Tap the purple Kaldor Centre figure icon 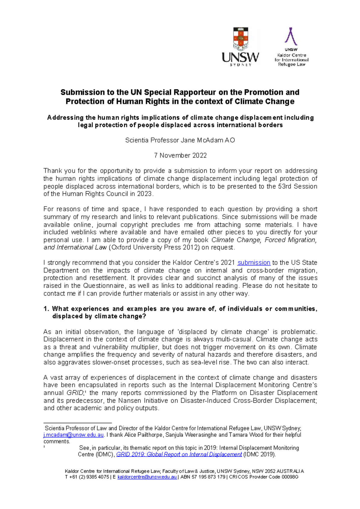click(291, 36)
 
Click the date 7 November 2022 click(180, 155)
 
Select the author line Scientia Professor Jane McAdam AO click(180, 140)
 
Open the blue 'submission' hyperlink click(254, 263)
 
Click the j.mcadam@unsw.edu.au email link click(73, 435)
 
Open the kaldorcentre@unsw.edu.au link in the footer click(147, 477)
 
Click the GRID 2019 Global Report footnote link click(179, 454)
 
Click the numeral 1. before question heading click(46, 309)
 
